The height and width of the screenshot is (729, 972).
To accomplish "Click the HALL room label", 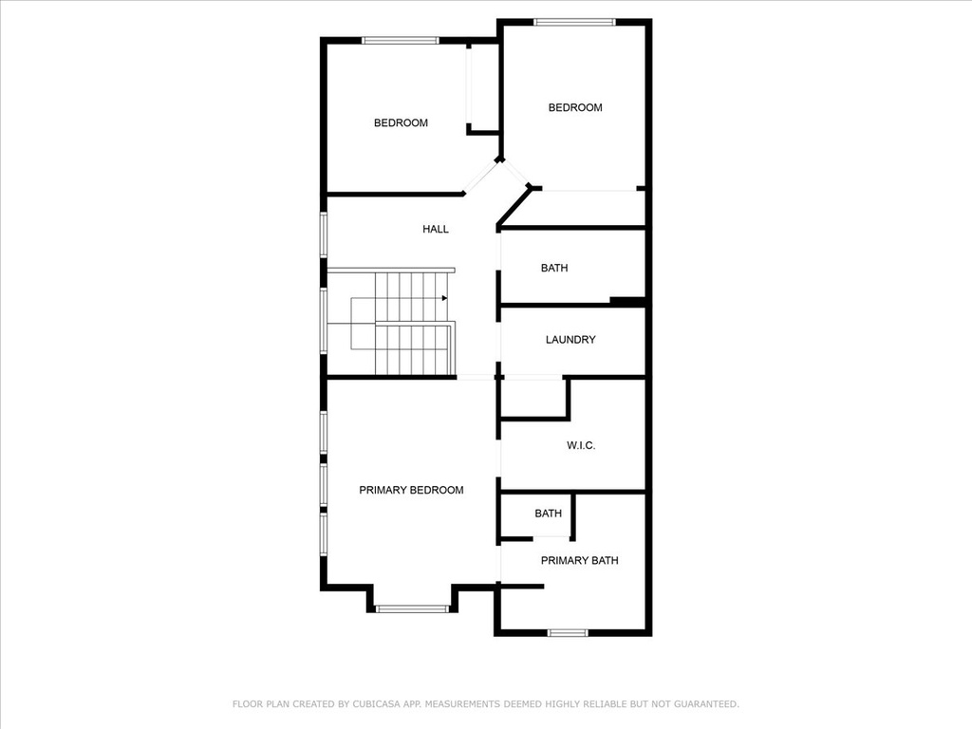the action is coord(435,230).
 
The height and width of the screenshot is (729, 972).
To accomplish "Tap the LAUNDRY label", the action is coord(570,340).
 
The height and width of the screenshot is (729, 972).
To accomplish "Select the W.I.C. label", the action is coord(581,446).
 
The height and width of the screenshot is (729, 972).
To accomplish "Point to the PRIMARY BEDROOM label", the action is coord(411,491).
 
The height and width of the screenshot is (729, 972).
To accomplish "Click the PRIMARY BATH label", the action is coord(580,561).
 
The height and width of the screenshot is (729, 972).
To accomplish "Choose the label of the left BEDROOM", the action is coord(401,123).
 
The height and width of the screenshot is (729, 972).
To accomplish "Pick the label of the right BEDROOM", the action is coord(575,108).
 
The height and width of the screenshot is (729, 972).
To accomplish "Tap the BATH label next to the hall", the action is coord(554,269).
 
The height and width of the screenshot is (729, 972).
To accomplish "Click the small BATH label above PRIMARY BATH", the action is coord(548,514).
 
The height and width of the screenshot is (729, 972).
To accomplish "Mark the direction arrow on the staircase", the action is coord(444,298).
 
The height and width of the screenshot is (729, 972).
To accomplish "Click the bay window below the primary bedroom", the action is coord(412,608).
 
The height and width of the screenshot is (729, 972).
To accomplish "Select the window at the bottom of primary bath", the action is coord(568,633).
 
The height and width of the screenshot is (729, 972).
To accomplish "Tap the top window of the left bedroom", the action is coord(401,41).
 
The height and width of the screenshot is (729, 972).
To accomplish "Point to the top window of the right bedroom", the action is coord(574,23).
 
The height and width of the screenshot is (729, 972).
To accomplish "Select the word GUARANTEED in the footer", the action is coord(706,704).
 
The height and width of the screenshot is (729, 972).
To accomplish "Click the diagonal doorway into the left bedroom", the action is coord(481,178).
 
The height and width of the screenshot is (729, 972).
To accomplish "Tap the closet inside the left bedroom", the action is coord(483,88).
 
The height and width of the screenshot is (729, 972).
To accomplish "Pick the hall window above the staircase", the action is coord(324,234).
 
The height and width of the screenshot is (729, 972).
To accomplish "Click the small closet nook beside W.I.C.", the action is coord(533,398).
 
